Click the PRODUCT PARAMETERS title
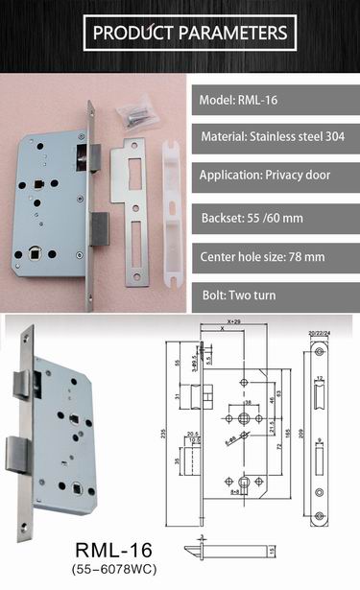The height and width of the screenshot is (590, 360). (x=189, y=34)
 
